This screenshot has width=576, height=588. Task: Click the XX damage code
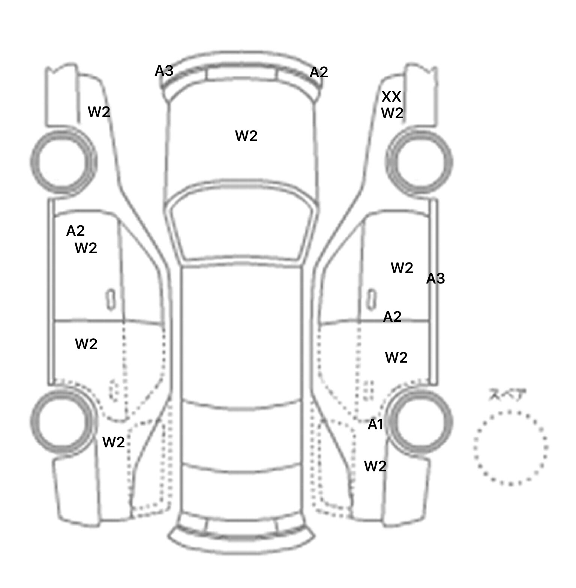[x=391, y=97]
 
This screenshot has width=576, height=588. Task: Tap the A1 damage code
[x=375, y=424]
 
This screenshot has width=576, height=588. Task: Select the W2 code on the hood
[x=246, y=136]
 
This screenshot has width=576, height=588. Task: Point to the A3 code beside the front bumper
[x=164, y=70]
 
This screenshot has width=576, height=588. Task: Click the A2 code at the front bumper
[x=319, y=72]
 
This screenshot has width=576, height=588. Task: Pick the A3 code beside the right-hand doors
[x=435, y=278]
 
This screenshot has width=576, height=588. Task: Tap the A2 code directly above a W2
[x=75, y=231]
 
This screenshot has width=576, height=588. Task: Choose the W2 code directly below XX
[x=392, y=112]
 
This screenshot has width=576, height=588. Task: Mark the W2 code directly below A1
[x=375, y=466]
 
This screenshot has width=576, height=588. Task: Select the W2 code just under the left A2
[x=86, y=248]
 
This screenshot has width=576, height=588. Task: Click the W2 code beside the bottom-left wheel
[x=114, y=442]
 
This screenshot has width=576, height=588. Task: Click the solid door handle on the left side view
[x=111, y=299]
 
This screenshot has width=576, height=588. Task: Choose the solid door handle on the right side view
[x=372, y=299]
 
